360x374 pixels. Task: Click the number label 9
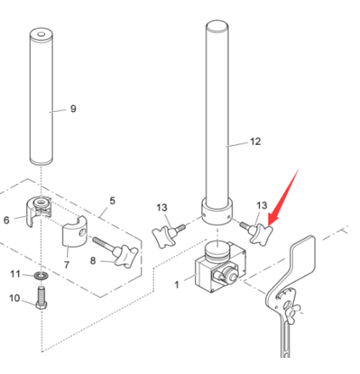coord(73,109)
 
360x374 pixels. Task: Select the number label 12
coord(256,143)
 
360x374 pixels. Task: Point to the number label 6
coord(7,220)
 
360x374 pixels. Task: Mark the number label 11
coord(14,274)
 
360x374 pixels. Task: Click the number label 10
coord(14,298)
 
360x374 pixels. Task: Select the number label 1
coord(177,284)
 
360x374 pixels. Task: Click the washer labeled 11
coord(41,276)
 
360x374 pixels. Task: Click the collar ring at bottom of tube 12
coord(217,210)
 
